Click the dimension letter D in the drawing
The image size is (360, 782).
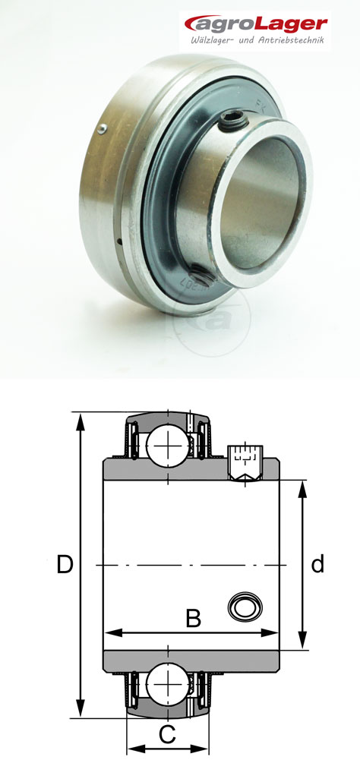click(x=65, y=565)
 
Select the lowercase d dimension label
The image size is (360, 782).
click(x=317, y=564)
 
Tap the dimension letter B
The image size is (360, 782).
click(x=194, y=619)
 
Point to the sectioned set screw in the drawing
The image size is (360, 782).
click(x=244, y=464)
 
